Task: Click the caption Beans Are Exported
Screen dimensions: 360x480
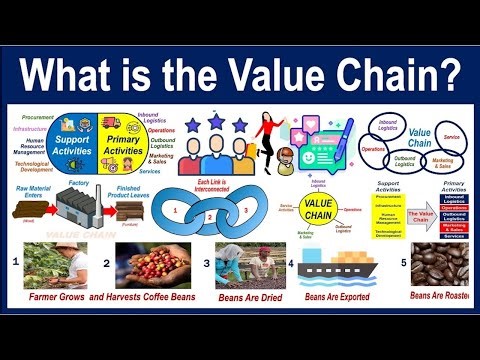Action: pos(337,297)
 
